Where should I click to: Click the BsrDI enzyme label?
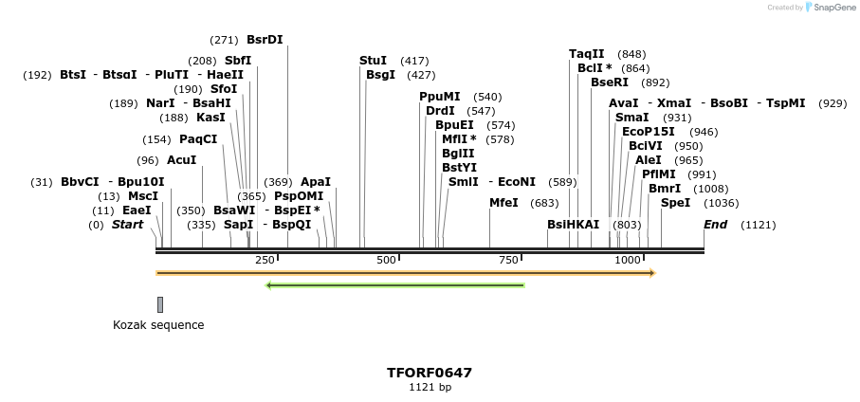(x=265, y=40)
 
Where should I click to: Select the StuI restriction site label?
(x=373, y=61)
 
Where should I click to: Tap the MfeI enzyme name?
(x=503, y=203)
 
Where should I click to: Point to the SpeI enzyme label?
(x=675, y=203)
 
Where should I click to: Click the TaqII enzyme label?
(x=586, y=54)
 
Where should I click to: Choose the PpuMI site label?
(x=439, y=97)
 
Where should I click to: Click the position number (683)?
(x=544, y=203)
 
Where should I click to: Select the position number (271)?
(x=224, y=40)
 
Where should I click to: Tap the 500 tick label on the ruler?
(x=386, y=260)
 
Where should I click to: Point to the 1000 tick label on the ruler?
(x=628, y=260)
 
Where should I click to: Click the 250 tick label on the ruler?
(x=265, y=260)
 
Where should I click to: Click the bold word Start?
(x=127, y=225)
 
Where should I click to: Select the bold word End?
(x=715, y=225)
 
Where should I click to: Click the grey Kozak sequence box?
(x=160, y=304)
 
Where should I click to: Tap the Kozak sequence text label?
(x=158, y=325)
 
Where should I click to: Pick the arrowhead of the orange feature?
(x=651, y=273)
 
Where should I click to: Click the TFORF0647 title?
(x=430, y=373)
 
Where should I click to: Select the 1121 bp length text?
(x=430, y=387)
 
